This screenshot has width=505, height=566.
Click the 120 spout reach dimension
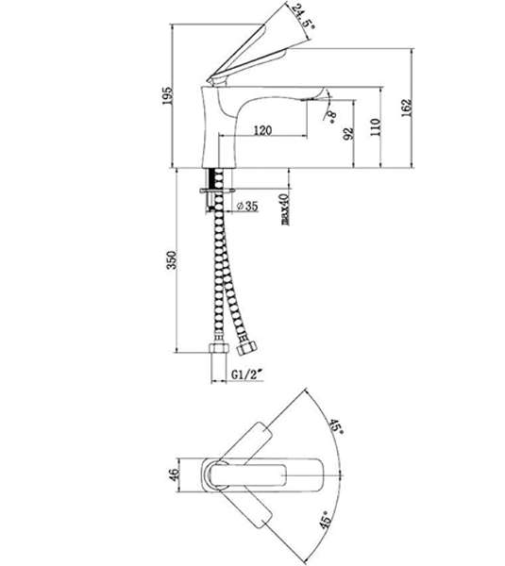265,129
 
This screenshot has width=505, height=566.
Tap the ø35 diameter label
247,205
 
